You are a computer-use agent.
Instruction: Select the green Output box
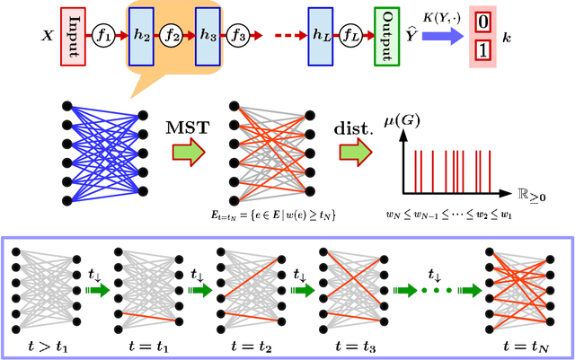click(387, 40)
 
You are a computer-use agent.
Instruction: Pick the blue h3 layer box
click(207, 40)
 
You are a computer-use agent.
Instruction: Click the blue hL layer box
click(319, 40)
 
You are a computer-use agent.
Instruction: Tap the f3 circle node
click(239, 40)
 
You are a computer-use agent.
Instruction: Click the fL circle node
click(354, 40)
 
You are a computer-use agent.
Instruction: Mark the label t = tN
click(517, 343)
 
